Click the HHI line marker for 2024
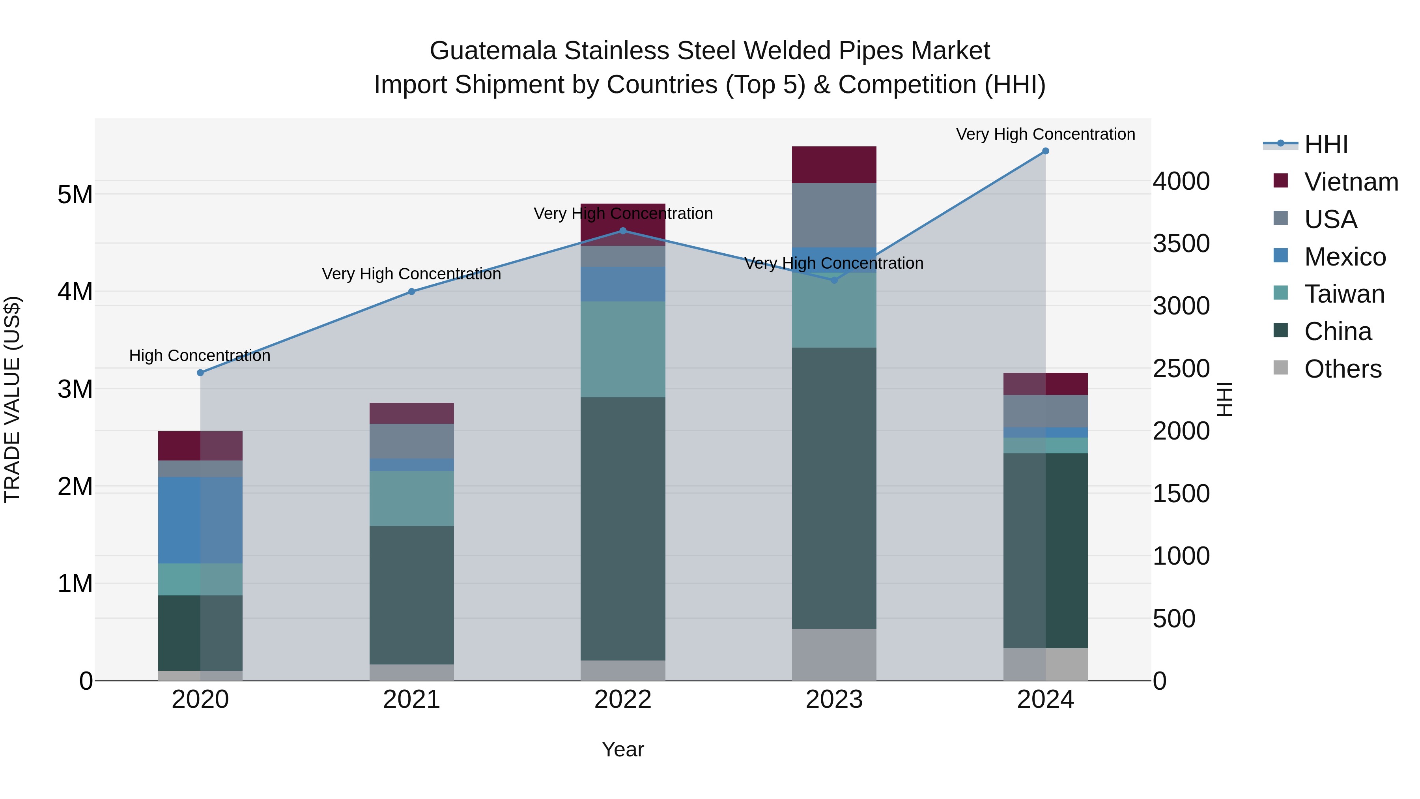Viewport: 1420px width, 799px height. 1045,151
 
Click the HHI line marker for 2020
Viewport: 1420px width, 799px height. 200,373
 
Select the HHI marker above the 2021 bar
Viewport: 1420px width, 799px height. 411,292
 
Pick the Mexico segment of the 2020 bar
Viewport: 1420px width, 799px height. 200,520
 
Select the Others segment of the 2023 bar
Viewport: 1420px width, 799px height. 833,655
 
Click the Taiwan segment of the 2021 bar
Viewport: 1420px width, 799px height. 411,498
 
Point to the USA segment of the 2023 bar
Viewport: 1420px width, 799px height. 833,215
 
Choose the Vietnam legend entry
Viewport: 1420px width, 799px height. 1351,182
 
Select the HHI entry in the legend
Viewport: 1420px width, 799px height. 1326,144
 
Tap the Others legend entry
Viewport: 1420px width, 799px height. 1342,369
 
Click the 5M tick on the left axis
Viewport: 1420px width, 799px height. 75,195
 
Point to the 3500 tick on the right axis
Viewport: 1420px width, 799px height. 1181,244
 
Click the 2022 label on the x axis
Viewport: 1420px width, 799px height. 623,700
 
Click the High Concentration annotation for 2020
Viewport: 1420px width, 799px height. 200,356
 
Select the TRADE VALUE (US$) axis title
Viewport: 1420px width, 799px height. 12,399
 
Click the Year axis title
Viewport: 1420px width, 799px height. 623,749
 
